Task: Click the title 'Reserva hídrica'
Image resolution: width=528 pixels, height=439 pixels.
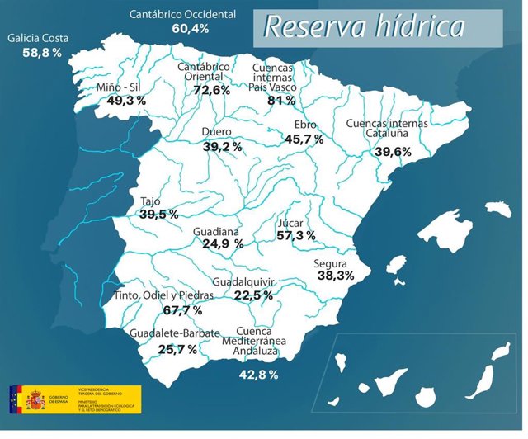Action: [363, 26]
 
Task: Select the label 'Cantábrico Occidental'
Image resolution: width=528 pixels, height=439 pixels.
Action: [182, 15]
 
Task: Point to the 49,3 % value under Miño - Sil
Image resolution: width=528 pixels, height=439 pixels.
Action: [126, 101]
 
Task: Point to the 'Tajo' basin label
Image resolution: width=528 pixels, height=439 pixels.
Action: [150, 201]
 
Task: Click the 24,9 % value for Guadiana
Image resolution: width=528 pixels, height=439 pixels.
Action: [223, 244]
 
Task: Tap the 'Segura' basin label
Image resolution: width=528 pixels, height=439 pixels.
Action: [332, 264]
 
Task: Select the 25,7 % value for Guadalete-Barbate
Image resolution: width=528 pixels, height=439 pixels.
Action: [177, 350]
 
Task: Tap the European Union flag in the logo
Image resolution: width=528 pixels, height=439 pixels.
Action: [15, 401]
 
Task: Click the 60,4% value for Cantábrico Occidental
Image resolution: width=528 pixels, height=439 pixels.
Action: [191, 29]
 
